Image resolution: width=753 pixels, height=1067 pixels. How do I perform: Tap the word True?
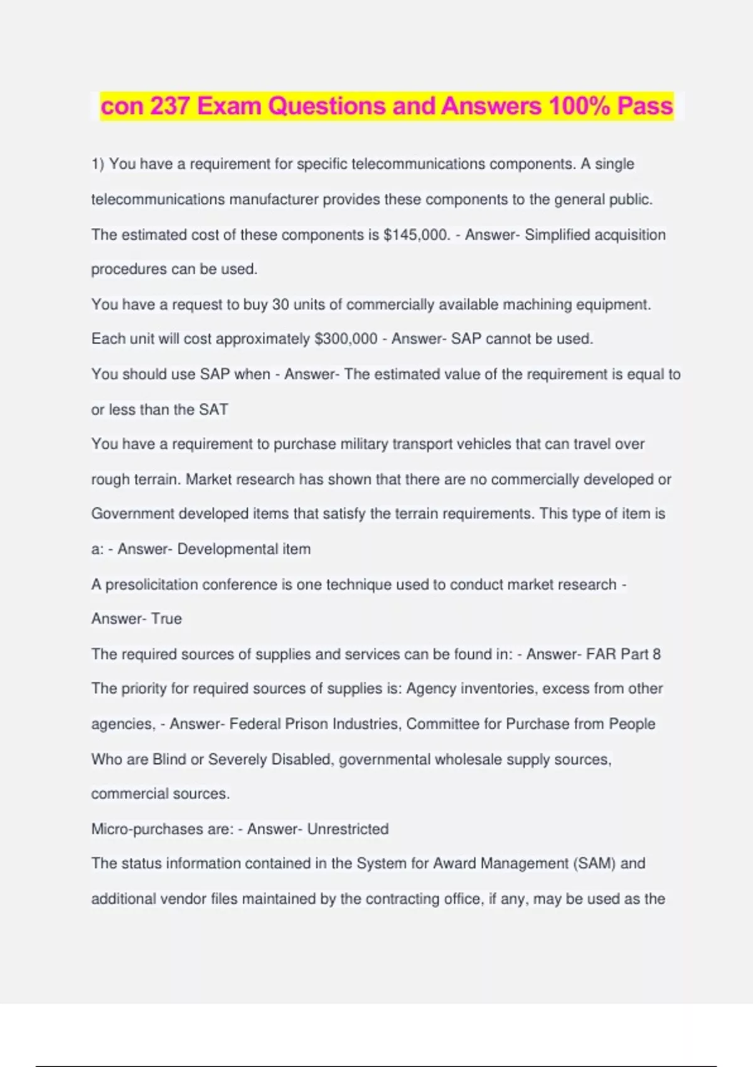pos(166,619)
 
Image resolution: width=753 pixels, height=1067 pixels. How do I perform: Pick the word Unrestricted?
pos(348,829)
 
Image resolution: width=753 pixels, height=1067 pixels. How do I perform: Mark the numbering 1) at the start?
pos(98,164)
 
